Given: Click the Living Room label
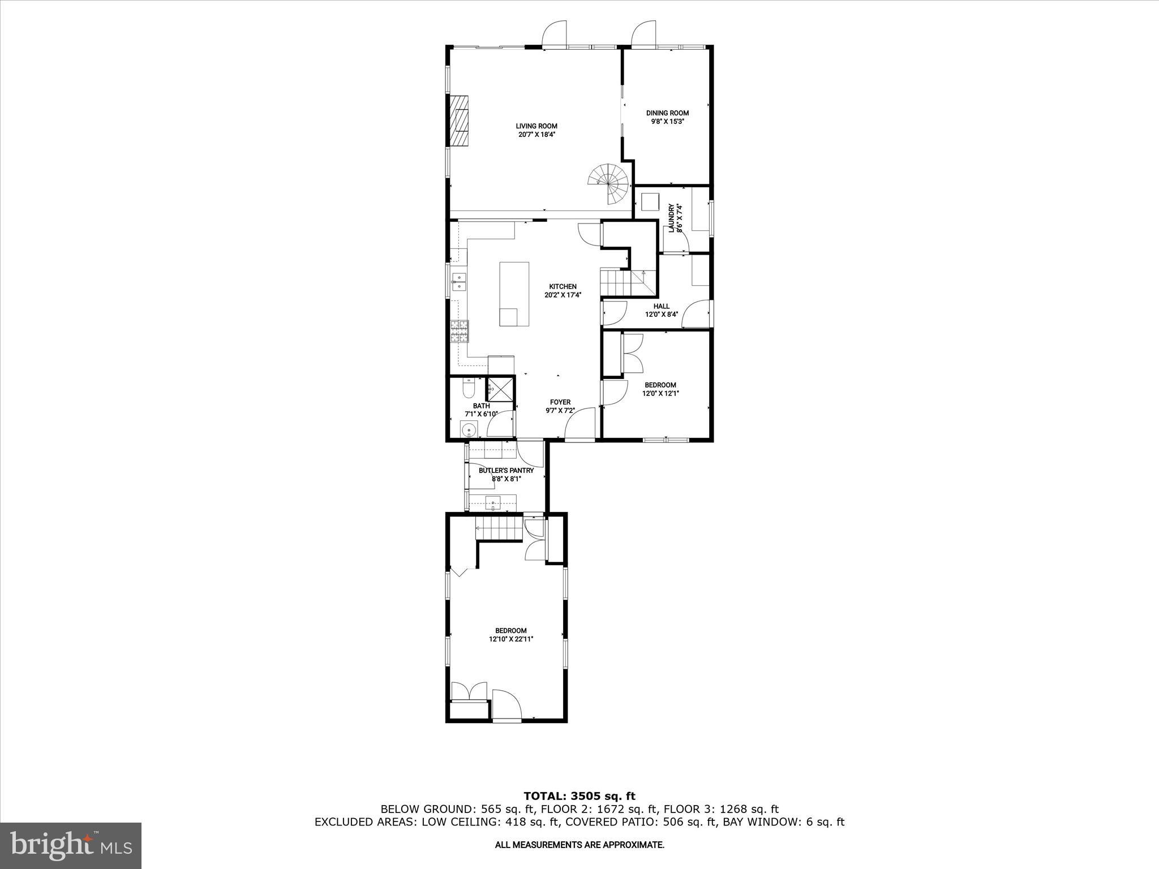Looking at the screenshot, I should coord(536,126).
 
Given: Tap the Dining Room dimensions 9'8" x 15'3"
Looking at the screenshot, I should coord(667,122).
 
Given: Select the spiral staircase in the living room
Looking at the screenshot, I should coord(609,183).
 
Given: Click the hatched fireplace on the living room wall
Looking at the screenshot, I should coord(459,128).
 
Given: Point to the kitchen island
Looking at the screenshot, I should coord(514,294).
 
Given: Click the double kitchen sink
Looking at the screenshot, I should coord(458,281).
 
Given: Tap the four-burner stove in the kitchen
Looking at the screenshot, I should coord(459,332).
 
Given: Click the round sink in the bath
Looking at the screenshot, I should coord(469,431).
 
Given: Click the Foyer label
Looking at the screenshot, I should coord(560,402).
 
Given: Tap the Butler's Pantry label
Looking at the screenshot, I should coord(506,471).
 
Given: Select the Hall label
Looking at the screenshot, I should coord(661,306).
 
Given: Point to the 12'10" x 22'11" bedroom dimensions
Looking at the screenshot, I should coord(511,639).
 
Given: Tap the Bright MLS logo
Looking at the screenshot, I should coord(71,845).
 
